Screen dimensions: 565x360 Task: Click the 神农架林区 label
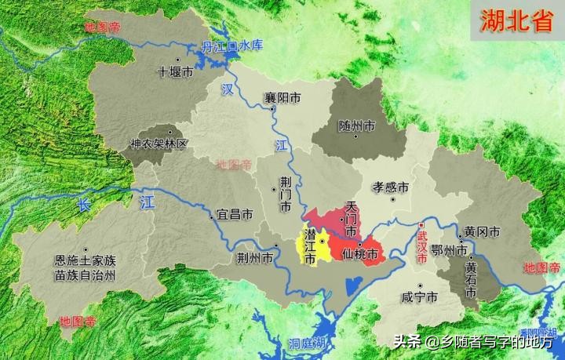click(x=159, y=144)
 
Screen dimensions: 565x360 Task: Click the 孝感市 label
click(x=390, y=188)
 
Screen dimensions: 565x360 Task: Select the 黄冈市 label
click(x=481, y=232)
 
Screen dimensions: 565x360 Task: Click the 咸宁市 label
click(x=420, y=297)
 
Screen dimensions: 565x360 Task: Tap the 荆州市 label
click(x=257, y=257)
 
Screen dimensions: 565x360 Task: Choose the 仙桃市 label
click(x=362, y=256)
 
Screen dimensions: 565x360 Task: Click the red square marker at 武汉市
click(x=421, y=225)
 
